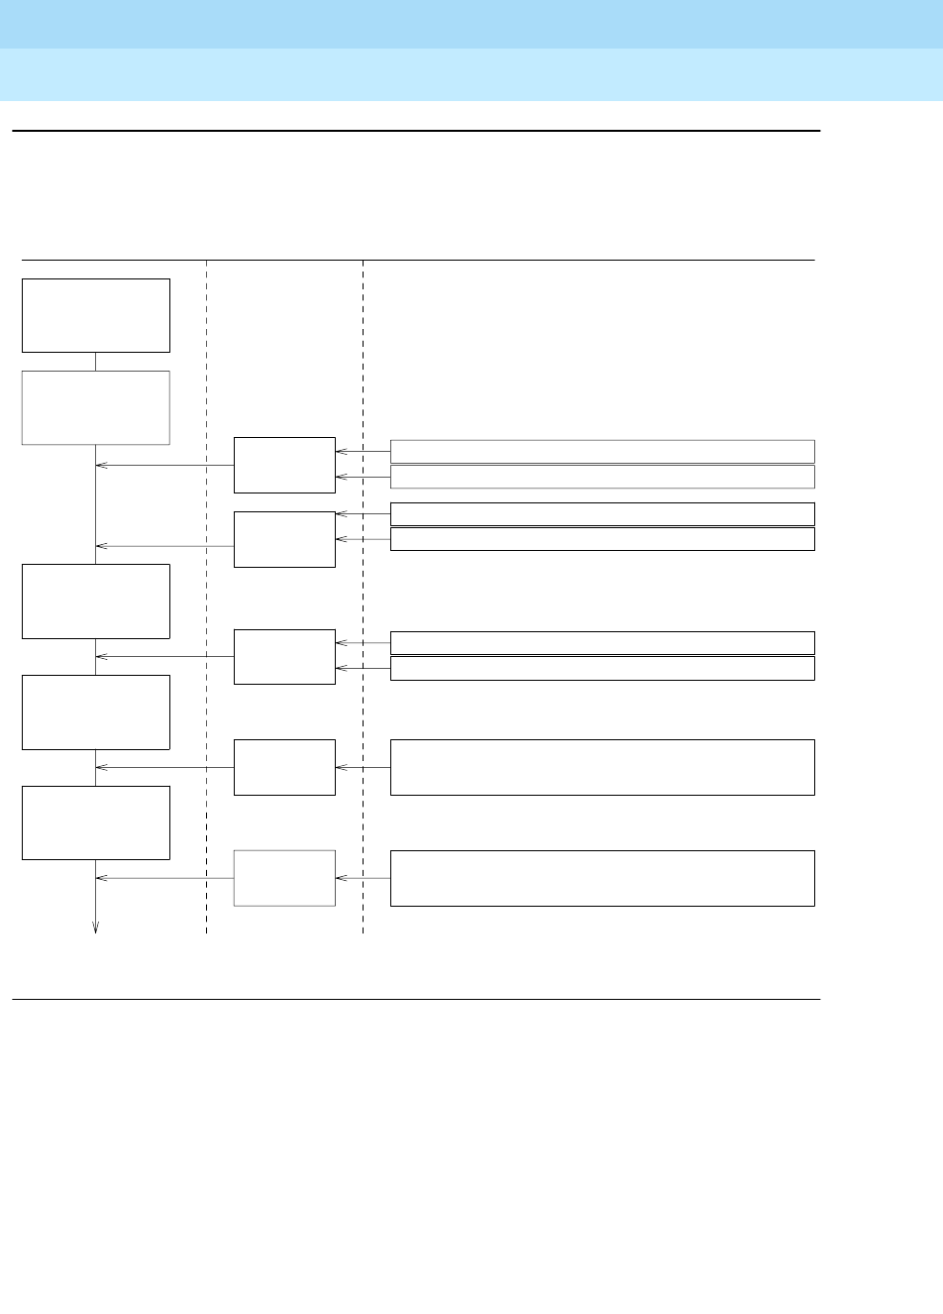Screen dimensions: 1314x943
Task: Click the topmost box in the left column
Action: [x=96, y=315]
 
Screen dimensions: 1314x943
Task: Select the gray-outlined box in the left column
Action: [x=96, y=407]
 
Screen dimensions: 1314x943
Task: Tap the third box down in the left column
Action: [x=96, y=601]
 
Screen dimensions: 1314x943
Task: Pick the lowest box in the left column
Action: [x=96, y=822]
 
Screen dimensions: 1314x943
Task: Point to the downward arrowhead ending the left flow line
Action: [x=96, y=928]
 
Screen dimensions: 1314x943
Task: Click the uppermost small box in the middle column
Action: [x=284, y=465]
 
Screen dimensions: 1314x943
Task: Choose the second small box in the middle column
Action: [x=284, y=539]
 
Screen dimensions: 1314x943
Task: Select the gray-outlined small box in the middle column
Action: [x=284, y=877]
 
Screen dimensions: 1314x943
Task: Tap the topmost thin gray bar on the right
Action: [x=602, y=452]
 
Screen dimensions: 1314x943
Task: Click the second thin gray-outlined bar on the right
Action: [x=602, y=477]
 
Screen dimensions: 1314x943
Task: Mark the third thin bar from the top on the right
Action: [x=602, y=513]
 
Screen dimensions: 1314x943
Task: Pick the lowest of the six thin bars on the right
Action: [x=602, y=668]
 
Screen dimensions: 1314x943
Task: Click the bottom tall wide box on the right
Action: [x=602, y=877]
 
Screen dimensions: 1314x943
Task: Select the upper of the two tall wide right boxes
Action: [x=602, y=767]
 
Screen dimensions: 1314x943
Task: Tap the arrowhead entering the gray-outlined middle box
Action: [x=340, y=878]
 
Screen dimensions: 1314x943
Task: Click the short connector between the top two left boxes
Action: [x=96, y=362]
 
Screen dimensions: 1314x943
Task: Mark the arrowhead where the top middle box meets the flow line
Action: [x=100, y=466]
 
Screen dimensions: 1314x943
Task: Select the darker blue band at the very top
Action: [x=471, y=24]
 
